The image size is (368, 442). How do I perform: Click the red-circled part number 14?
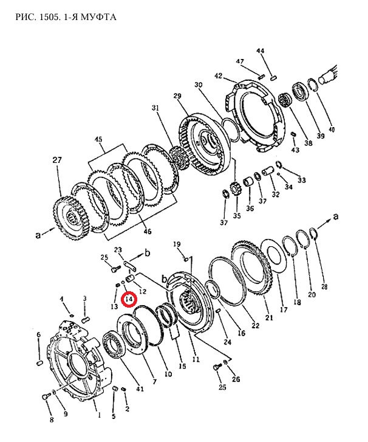pos(129,299)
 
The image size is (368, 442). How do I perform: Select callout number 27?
pos(57,160)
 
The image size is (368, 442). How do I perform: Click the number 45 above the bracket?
pos(98,140)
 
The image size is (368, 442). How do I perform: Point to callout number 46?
pos(147,232)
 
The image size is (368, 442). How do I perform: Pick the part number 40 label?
pos(332,129)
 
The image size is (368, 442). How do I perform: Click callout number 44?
pos(260,50)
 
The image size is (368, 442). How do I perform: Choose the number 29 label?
pos(177,96)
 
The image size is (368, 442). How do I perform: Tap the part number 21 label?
pos(269,318)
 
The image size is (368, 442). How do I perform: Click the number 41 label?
pos(140,388)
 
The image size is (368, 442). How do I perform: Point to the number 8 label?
pos(52,420)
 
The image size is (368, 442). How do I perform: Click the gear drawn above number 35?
pos(234,188)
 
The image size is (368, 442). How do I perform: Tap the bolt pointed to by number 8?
pos(46,396)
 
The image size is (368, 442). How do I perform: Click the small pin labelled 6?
pos(39,363)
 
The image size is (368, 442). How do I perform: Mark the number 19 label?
pos(177,244)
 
